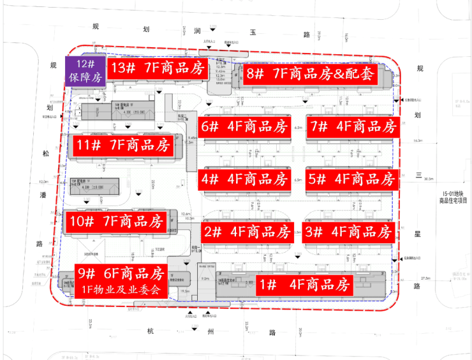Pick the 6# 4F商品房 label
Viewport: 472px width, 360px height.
[x=245, y=126]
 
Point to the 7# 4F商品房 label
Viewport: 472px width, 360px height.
[x=351, y=126]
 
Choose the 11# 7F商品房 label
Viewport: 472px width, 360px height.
[x=121, y=146]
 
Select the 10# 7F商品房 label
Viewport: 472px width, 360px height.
[x=117, y=221]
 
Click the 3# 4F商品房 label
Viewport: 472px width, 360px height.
[x=347, y=231]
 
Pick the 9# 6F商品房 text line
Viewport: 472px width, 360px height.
[x=121, y=273]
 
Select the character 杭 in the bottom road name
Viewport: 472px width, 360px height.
[x=151, y=332]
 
